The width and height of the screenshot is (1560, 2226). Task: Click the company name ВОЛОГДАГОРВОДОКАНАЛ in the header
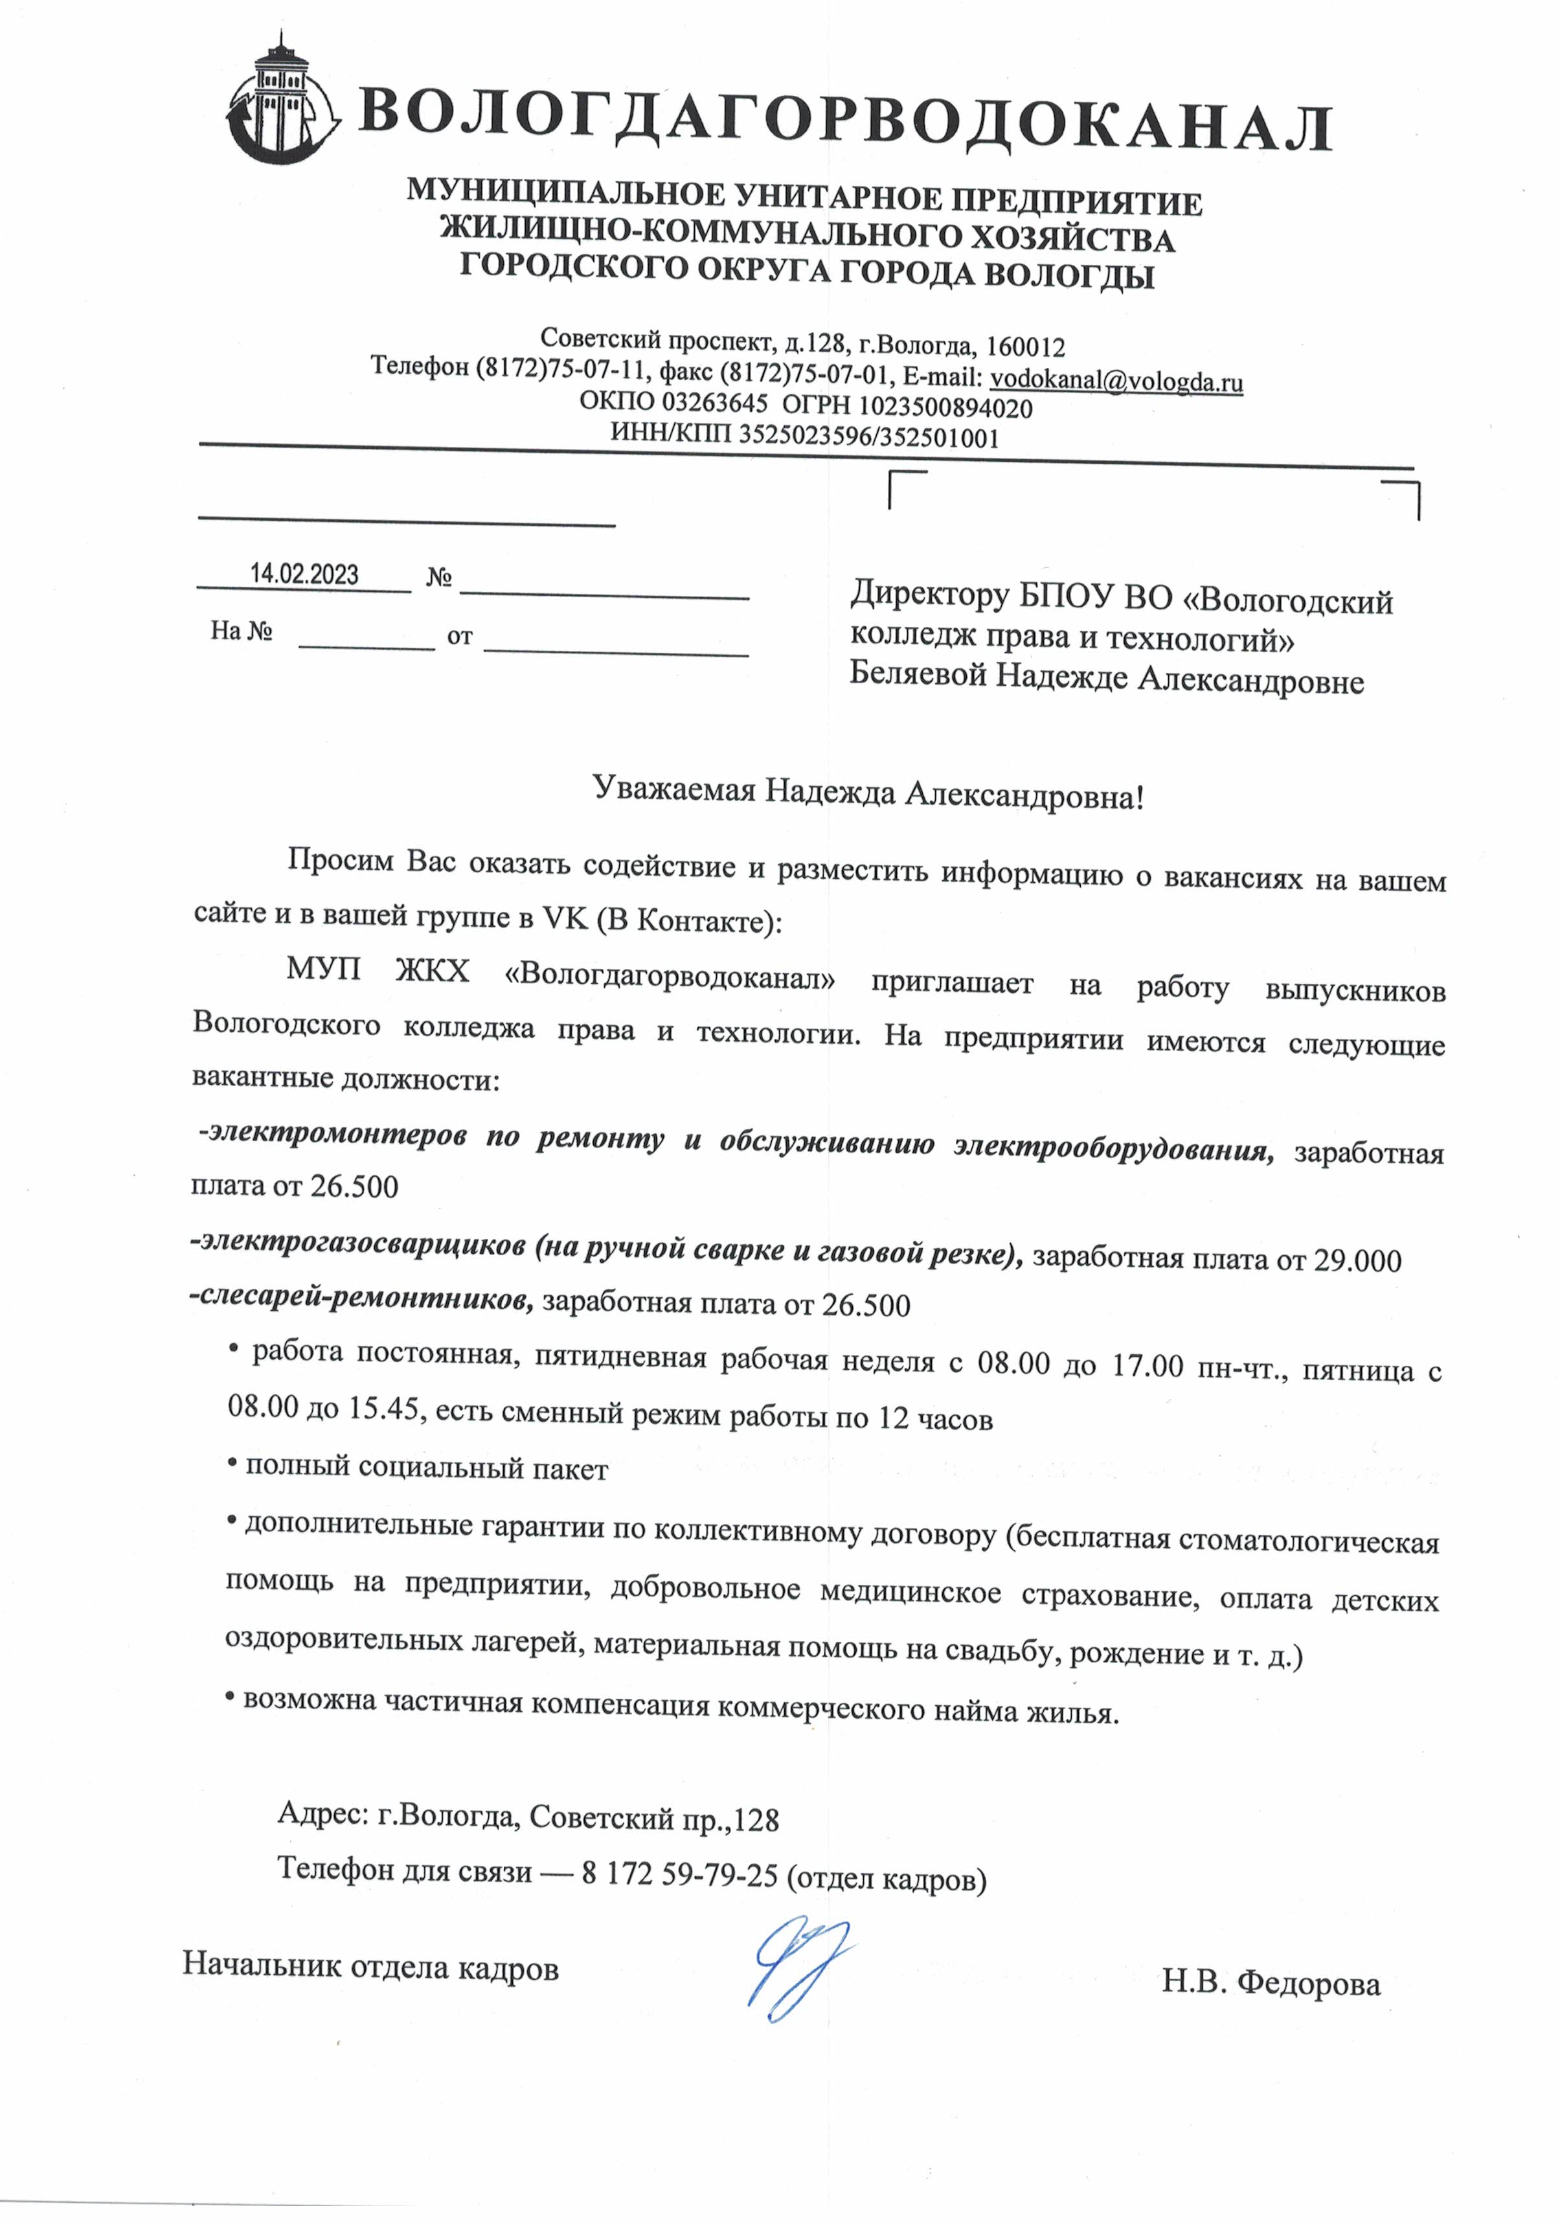point(844,120)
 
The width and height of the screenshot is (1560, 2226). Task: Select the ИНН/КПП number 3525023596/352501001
point(868,437)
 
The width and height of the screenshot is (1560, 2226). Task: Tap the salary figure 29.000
point(1357,1260)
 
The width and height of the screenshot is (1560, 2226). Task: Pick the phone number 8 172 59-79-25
point(680,1874)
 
